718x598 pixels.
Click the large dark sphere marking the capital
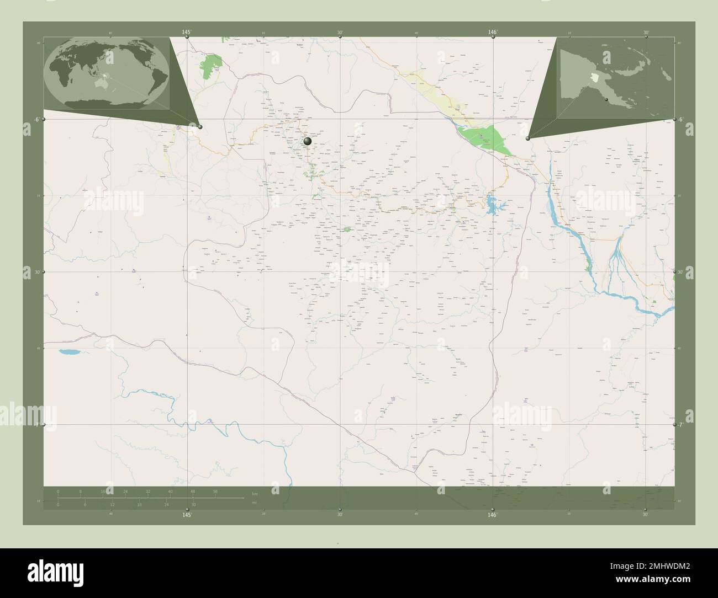(308, 142)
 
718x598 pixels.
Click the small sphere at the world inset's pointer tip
(200, 127)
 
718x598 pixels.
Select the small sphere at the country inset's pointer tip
(529, 138)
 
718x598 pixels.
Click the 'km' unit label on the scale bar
(255, 493)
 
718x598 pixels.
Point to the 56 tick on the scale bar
(215, 491)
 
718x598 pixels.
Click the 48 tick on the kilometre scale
(192, 491)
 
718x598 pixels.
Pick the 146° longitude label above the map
(492, 33)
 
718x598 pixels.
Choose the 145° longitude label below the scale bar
(187, 514)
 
